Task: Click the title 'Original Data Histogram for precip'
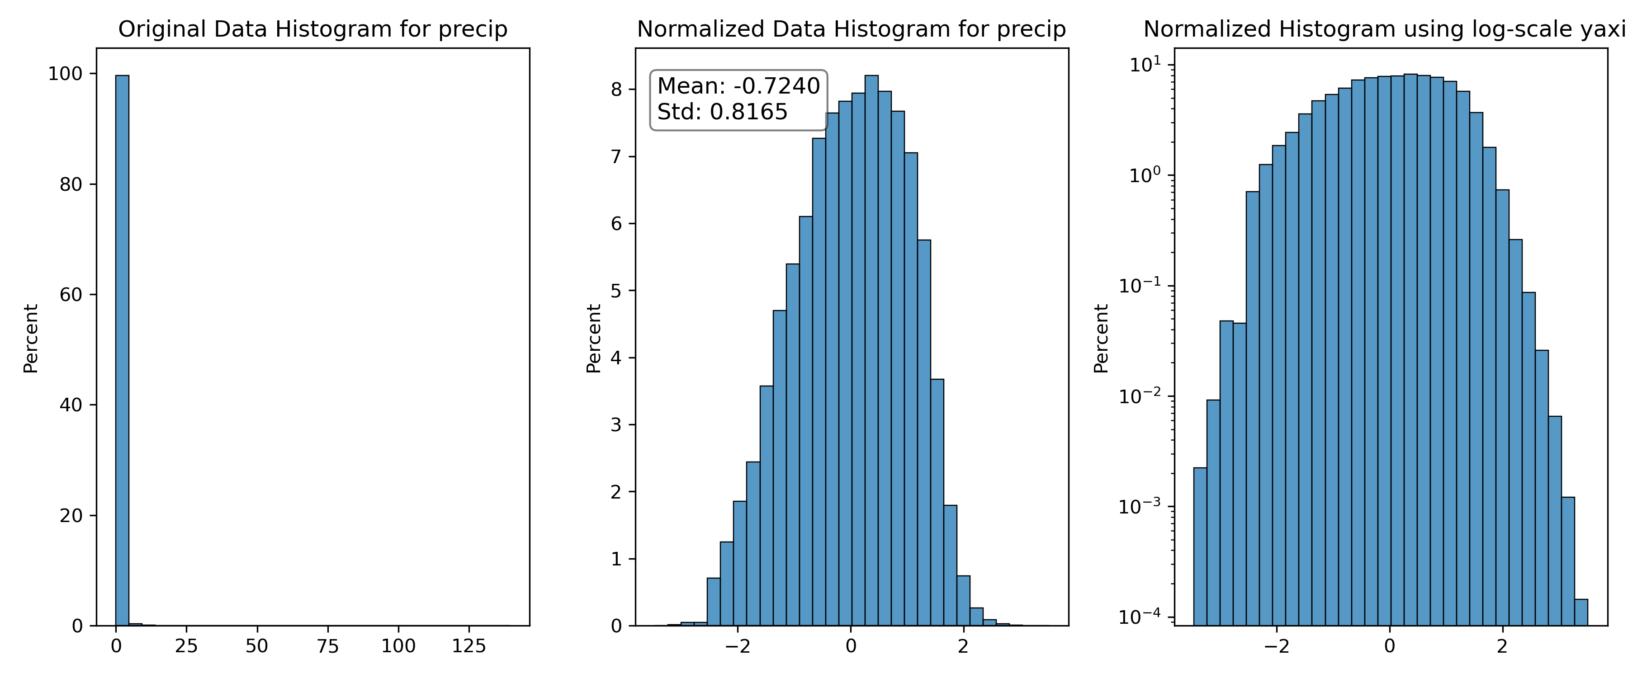pyautogui.click(x=313, y=30)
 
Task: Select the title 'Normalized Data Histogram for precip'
pyautogui.click(x=851, y=30)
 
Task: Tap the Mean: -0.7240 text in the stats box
pyautogui.click(x=738, y=86)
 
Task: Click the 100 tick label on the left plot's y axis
pyautogui.click(x=65, y=74)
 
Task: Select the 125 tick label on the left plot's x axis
pyautogui.click(x=469, y=646)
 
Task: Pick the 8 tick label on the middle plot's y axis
pyautogui.click(x=616, y=90)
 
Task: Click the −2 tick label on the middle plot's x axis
pyautogui.click(x=738, y=646)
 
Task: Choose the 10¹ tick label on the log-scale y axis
pyautogui.click(x=1145, y=65)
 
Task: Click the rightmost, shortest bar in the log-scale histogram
pyautogui.click(x=1581, y=612)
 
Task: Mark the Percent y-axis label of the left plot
pyautogui.click(x=31, y=339)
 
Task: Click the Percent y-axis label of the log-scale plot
pyautogui.click(x=1101, y=339)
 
